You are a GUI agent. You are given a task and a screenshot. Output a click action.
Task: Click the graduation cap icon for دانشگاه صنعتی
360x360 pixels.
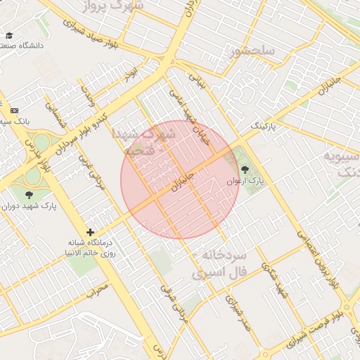click(9, 35)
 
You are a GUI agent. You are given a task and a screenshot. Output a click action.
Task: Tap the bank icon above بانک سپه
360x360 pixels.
click(15, 110)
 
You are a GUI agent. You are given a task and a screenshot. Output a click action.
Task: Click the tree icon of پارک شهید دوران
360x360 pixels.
click(29, 195)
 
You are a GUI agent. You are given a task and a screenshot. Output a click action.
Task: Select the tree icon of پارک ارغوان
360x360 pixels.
click(245, 169)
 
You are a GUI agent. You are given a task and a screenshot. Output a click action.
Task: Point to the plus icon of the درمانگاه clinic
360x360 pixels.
click(90, 232)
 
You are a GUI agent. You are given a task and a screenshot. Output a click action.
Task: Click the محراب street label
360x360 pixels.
click(98, 288)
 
